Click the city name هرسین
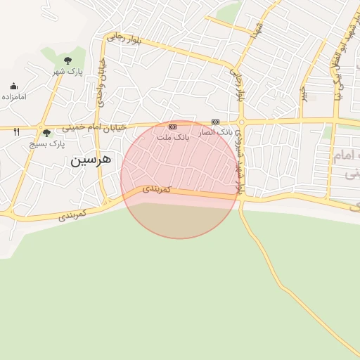tap(91, 160)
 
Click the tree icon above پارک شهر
tap(67, 60)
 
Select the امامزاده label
tap(13, 96)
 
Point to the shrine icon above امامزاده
tap(13, 86)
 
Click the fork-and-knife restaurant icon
tap(16, 131)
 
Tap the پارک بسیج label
tap(46, 143)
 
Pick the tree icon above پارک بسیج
tap(46, 132)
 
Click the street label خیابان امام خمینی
tap(94, 127)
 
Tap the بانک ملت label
tap(173, 137)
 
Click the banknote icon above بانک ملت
tap(173, 127)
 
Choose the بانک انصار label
tap(215, 132)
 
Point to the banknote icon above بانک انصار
tap(215, 122)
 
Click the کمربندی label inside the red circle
tap(157, 189)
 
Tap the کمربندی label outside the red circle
tap(72, 213)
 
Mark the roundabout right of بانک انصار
tap(241, 122)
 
